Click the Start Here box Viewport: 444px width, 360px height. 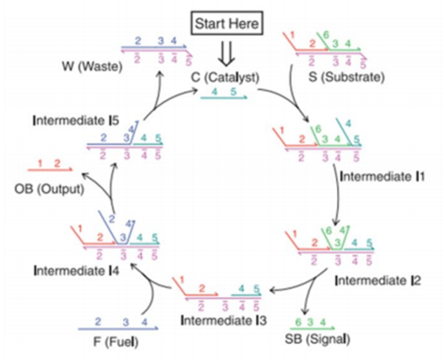click(227, 23)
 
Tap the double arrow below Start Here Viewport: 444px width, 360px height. click(227, 51)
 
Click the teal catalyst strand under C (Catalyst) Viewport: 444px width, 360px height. click(224, 97)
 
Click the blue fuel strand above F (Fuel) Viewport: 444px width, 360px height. click(116, 329)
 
